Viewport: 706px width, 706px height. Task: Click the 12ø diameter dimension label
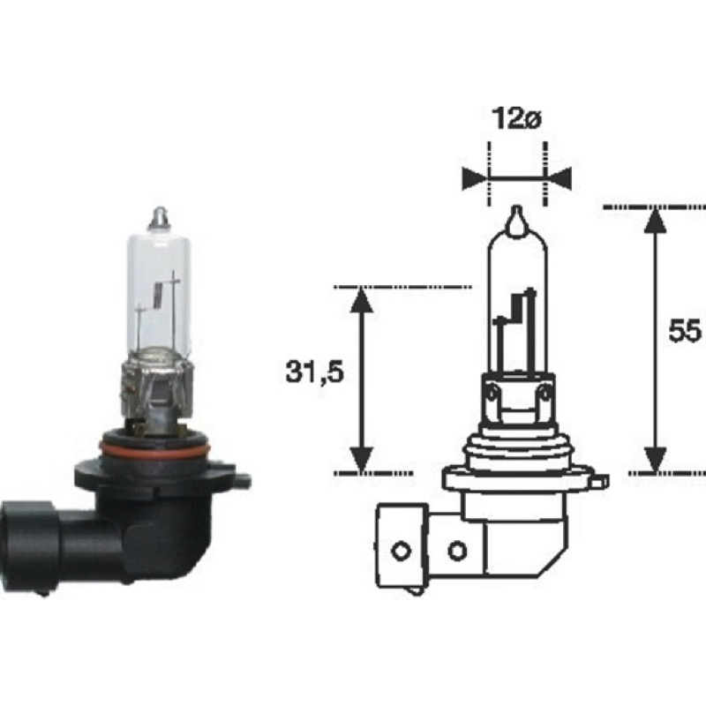click(x=516, y=119)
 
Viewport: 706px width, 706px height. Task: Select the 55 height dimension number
click(x=685, y=331)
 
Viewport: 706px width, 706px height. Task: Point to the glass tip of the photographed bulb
click(x=161, y=216)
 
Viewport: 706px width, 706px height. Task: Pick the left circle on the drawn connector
click(x=401, y=551)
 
